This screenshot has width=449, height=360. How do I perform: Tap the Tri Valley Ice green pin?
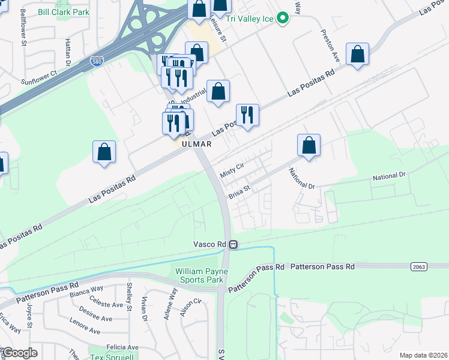(286, 19)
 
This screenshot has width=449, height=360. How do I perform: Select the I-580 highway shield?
(97, 61)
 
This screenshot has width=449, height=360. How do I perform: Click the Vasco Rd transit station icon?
(234, 245)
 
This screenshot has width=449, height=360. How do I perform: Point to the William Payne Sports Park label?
(199, 275)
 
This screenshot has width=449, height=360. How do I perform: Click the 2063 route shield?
(419, 266)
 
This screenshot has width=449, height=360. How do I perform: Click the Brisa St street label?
(238, 193)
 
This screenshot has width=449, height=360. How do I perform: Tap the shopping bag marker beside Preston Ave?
(357, 55)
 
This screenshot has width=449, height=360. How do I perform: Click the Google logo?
(19, 353)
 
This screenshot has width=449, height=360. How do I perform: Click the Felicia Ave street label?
(122, 347)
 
